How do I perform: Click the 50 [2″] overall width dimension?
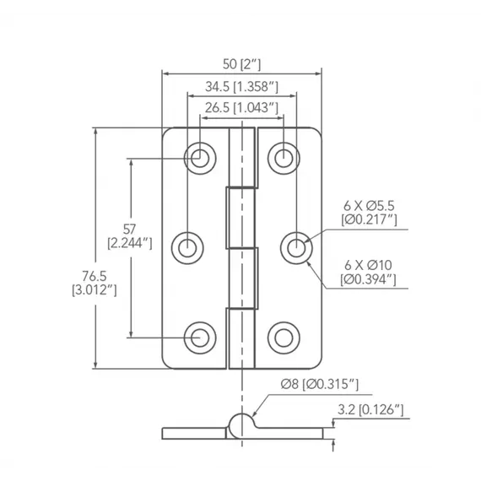click(241, 64)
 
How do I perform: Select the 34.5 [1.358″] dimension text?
click(241, 87)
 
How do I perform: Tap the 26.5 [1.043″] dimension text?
click(241, 108)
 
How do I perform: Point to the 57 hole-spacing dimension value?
click(129, 230)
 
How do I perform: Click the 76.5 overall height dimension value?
click(95, 276)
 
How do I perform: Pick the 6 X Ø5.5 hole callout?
click(369, 206)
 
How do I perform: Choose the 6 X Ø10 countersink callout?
click(368, 265)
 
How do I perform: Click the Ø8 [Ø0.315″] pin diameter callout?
click(319, 384)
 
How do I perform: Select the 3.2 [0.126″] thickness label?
click(370, 410)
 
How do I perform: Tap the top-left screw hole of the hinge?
click(200, 159)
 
